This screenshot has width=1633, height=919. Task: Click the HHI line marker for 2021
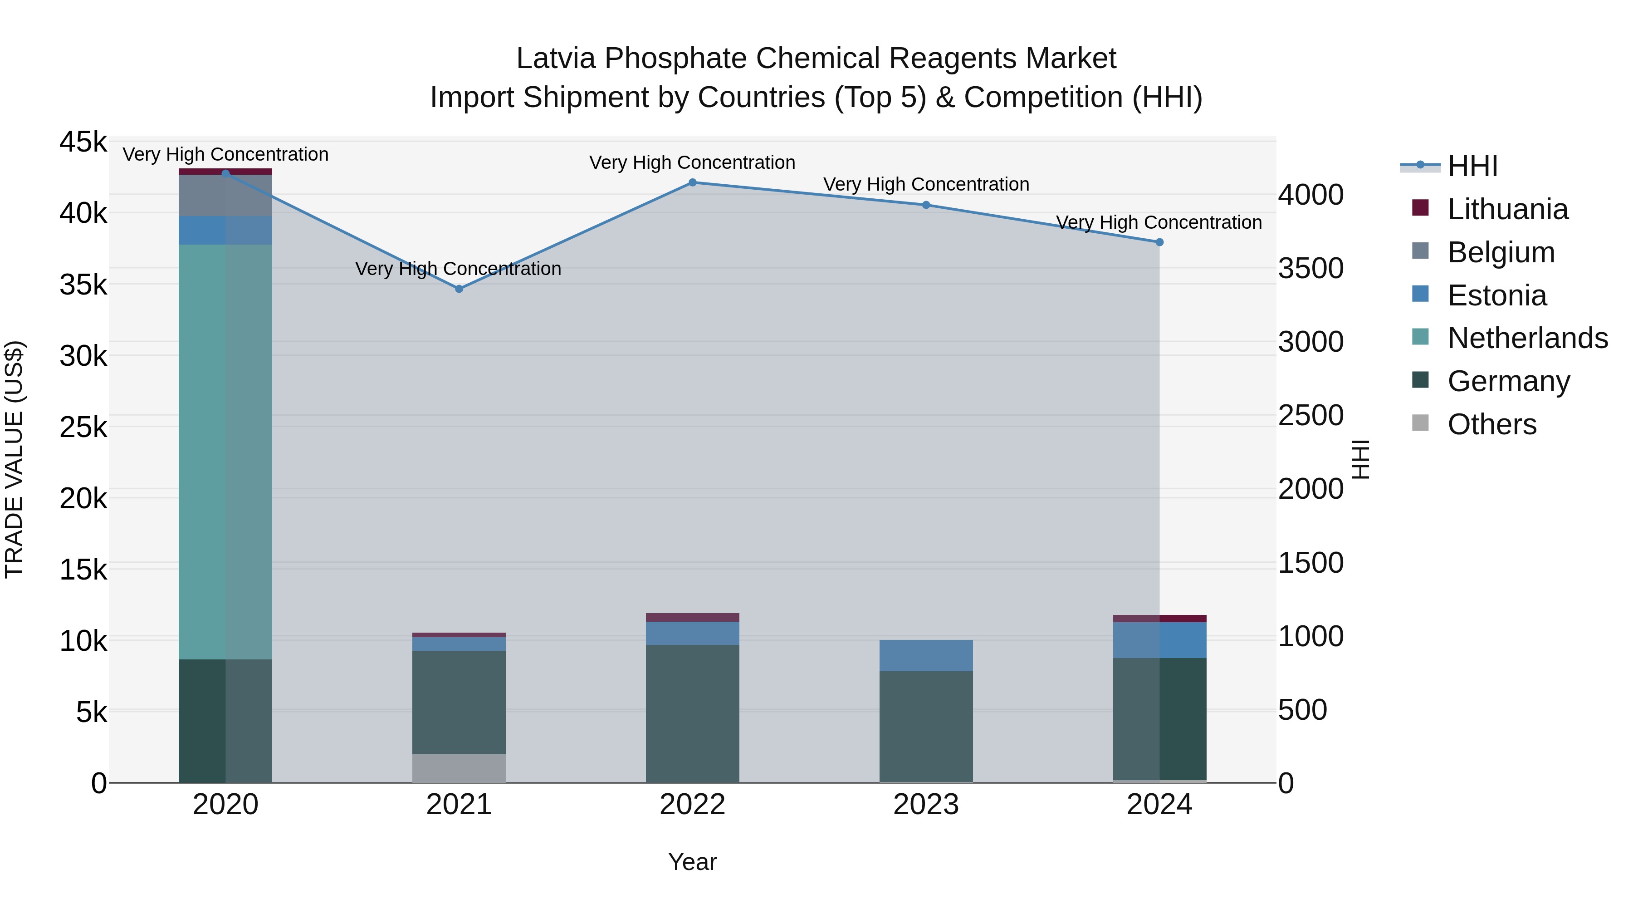[x=459, y=289]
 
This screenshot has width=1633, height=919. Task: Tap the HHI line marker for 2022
[x=692, y=182]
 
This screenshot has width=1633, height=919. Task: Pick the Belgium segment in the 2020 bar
[x=225, y=195]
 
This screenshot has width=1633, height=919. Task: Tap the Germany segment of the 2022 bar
[x=692, y=713]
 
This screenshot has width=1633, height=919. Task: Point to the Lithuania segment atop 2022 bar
[x=692, y=617]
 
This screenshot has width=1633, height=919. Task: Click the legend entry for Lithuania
[x=1507, y=209]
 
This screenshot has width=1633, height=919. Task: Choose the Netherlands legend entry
[x=1526, y=338]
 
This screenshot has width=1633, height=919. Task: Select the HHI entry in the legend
[x=1472, y=166]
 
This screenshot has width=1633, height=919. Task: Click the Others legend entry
[x=1491, y=424]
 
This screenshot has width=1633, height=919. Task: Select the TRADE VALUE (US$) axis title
[x=14, y=459]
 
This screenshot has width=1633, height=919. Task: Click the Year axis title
[x=692, y=862]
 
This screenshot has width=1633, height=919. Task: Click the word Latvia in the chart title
[x=555, y=59]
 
